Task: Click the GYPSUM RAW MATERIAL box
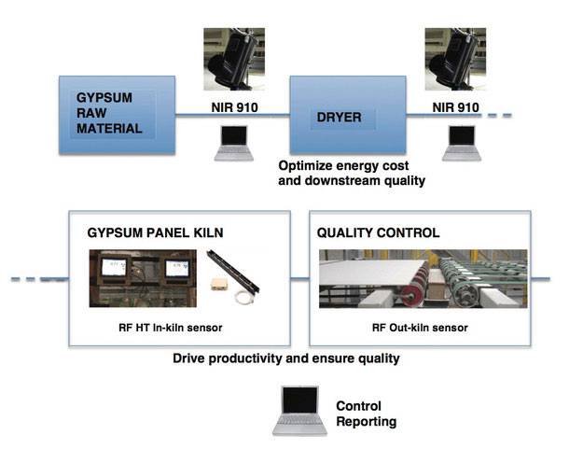(117, 115)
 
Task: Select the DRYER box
(348, 115)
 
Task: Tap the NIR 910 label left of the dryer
(234, 107)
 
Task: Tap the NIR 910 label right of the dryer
(455, 107)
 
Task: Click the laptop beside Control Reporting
(299, 411)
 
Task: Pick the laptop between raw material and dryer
(234, 143)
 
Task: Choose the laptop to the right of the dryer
(462, 143)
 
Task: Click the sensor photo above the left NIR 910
(234, 59)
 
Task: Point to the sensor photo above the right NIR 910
(455, 59)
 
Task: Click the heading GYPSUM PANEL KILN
(155, 232)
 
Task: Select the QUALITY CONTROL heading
(378, 232)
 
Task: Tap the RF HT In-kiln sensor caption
(170, 328)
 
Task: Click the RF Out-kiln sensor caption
(420, 328)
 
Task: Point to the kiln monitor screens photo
(143, 278)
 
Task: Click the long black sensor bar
(233, 271)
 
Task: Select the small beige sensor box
(218, 284)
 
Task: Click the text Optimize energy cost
(343, 165)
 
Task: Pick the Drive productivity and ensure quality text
(286, 358)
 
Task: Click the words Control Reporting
(367, 414)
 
